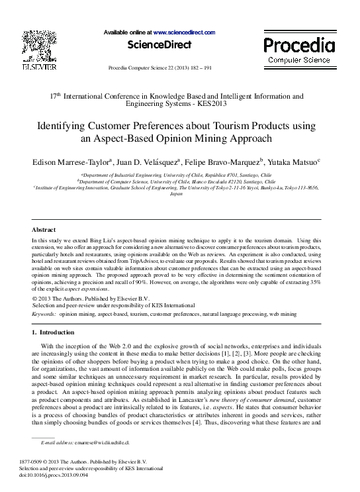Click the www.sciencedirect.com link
184,32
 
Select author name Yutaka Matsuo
292,161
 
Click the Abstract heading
44,229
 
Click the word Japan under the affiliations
175,195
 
